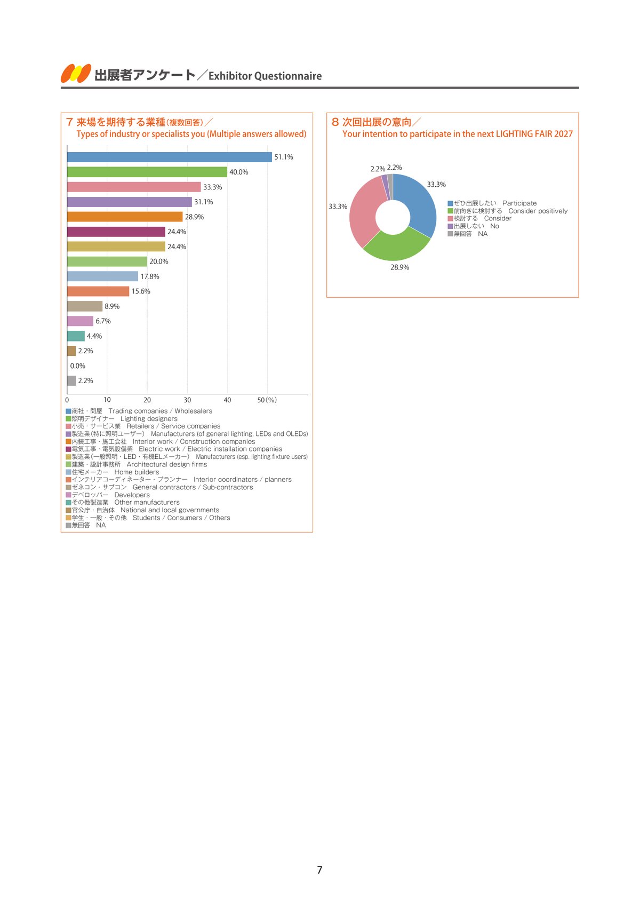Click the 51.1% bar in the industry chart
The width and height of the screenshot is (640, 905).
click(x=170, y=157)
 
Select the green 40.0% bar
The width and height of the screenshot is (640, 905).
click(x=147, y=172)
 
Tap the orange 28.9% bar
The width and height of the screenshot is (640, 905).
click(x=125, y=217)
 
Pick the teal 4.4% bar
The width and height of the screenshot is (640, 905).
click(x=76, y=336)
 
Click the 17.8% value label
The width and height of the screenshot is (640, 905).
click(x=150, y=276)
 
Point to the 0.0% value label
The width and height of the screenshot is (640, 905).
click(x=77, y=366)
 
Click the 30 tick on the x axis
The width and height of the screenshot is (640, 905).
click(x=187, y=400)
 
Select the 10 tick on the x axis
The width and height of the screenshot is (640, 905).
click(x=107, y=400)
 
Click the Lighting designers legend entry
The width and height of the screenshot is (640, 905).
click(x=122, y=418)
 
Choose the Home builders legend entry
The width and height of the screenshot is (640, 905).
click(x=112, y=472)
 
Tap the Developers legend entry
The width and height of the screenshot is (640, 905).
click(x=108, y=495)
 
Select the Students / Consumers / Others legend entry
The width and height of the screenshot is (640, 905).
click(x=148, y=518)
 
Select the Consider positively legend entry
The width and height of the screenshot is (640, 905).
click(x=508, y=211)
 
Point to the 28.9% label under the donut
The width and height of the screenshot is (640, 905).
click(x=400, y=267)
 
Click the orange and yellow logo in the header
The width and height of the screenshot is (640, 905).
click(x=76, y=74)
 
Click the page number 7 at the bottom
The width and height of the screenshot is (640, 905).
click(x=320, y=870)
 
